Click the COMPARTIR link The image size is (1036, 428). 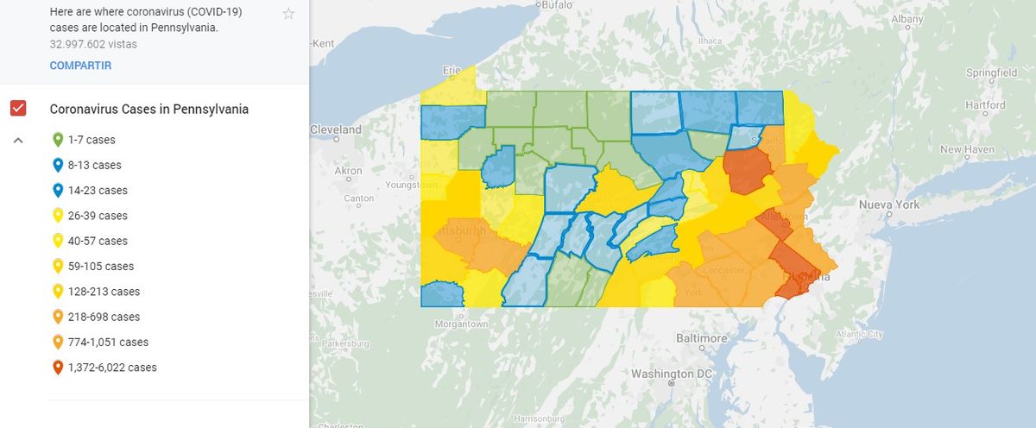[x=80, y=66]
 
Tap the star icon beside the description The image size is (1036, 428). [x=288, y=14]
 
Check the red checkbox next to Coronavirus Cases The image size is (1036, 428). [x=18, y=109]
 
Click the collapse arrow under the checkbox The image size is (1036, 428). [x=18, y=140]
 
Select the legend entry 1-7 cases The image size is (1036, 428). [x=91, y=140]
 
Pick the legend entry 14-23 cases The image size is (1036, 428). [x=97, y=191]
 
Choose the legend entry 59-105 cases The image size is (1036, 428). [x=101, y=267]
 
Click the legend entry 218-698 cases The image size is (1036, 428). [x=104, y=317]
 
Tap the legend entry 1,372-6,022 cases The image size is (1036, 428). [x=112, y=368]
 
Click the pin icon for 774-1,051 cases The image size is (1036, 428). [x=58, y=342]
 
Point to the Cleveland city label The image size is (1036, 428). [x=337, y=129]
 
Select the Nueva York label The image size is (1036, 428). [x=888, y=205]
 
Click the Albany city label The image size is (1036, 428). [x=906, y=18]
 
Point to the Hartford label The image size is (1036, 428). [x=985, y=105]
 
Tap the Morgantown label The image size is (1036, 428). [x=463, y=324]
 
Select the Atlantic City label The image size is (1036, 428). [x=859, y=334]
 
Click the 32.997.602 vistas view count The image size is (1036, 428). [x=93, y=43]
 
